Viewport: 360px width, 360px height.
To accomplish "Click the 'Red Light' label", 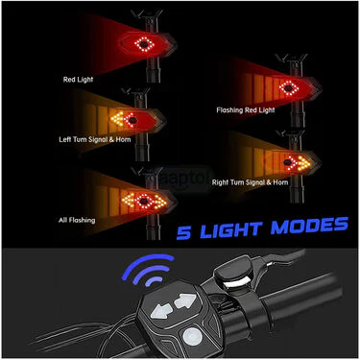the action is point(78,80).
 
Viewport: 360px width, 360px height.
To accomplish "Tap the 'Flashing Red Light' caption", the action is point(246,110).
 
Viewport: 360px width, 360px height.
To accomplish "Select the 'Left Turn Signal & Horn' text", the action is point(95,139).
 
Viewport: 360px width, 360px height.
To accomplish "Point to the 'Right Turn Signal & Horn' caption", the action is point(250,182).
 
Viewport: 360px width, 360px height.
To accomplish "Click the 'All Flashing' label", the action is point(77,220).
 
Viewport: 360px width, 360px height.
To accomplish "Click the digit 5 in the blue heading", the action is point(183,232).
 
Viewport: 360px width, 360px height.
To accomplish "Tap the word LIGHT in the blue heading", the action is point(230,229).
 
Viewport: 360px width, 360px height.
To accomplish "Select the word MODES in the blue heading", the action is point(309,226).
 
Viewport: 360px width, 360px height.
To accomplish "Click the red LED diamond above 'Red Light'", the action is point(145,44).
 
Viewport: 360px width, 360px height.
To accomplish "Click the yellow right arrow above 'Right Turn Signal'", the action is point(303,163).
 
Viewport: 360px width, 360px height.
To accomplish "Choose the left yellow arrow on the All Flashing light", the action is point(128,201).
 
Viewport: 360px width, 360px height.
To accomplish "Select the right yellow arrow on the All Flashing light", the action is point(160,202).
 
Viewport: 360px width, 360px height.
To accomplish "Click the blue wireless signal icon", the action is point(149,270).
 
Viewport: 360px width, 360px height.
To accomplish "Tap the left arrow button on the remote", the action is point(161,311).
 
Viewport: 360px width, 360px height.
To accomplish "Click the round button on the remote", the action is point(192,337).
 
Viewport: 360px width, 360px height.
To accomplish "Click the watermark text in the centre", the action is point(180,179).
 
